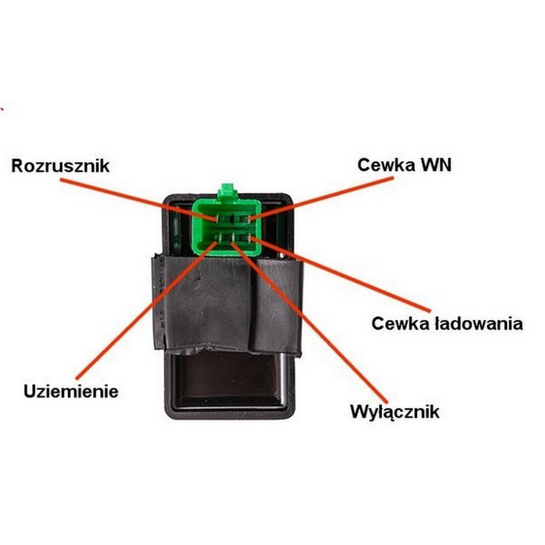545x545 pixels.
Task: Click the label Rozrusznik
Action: coord(61,166)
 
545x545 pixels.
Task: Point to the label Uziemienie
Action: coord(72,392)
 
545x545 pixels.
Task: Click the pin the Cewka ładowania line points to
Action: coord(252,238)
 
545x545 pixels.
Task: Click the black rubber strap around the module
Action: coord(204,300)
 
